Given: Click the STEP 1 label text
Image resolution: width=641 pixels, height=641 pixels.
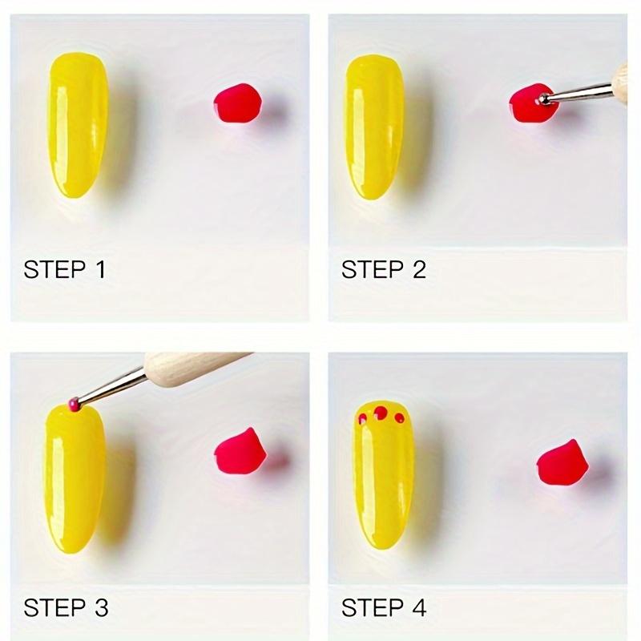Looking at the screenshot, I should (x=64, y=269).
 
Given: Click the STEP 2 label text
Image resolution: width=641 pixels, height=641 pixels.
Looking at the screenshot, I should (x=383, y=269).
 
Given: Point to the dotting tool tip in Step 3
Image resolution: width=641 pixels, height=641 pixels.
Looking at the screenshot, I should (x=74, y=403).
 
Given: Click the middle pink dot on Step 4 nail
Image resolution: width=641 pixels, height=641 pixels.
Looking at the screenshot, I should (x=381, y=413).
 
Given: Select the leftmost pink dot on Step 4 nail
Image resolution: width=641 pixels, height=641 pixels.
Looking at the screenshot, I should (x=362, y=418).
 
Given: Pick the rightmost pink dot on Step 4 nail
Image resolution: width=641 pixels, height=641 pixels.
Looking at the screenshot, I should (x=399, y=417).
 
